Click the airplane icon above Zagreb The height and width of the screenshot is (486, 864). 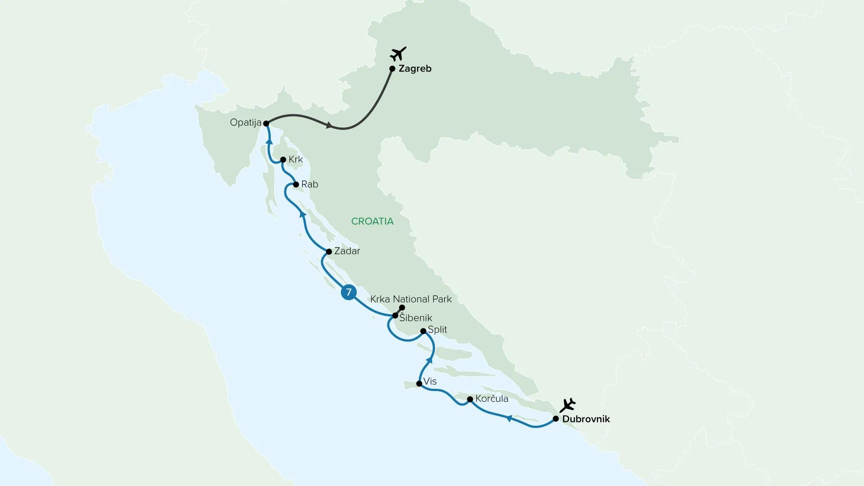pyautogui.click(x=398, y=54)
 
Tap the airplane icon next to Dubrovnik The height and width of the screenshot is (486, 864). pyautogui.click(x=568, y=405)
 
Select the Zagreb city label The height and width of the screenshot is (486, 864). pyautogui.click(x=415, y=69)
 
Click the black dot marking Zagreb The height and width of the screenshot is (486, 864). pyautogui.click(x=392, y=69)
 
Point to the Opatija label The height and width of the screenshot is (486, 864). pyautogui.click(x=245, y=122)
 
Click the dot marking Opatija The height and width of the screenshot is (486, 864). pyautogui.click(x=266, y=123)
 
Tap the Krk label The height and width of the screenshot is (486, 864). pyautogui.click(x=296, y=159)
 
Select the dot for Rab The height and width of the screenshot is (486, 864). pyautogui.click(x=296, y=184)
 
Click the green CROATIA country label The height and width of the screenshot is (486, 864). pyautogui.click(x=372, y=221)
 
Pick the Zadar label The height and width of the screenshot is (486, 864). pyautogui.click(x=347, y=251)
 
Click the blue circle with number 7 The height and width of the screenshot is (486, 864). pyautogui.click(x=348, y=292)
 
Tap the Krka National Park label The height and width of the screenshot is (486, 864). pyautogui.click(x=411, y=299)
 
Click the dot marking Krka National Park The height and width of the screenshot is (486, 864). pyautogui.click(x=402, y=307)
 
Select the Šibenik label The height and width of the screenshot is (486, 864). pyautogui.click(x=416, y=318)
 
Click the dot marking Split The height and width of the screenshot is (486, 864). pyautogui.click(x=423, y=331)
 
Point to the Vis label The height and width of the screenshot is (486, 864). pyautogui.click(x=430, y=382)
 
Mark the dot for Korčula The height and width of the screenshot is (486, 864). pyautogui.click(x=470, y=399)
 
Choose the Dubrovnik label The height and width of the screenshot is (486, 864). pyautogui.click(x=586, y=419)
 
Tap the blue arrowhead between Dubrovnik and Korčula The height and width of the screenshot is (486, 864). pyautogui.click(x=509, y=418)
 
